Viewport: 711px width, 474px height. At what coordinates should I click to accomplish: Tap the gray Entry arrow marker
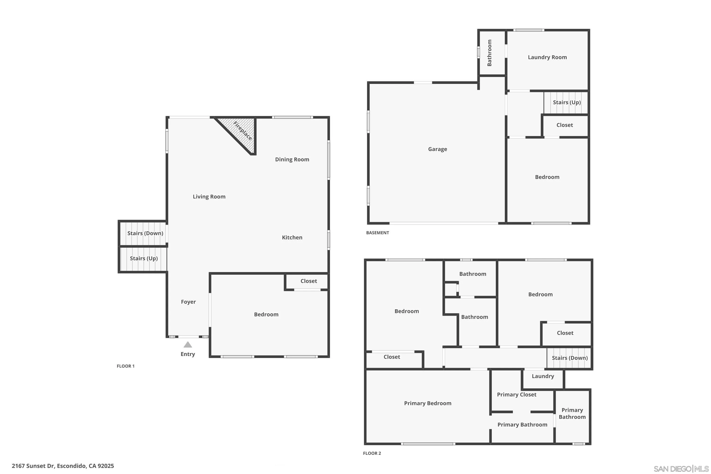click(x=188, y=345)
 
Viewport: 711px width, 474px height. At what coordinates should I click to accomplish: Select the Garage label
click(x=438, y=149)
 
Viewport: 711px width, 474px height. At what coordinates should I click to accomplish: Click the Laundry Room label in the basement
click(x=547, y=57)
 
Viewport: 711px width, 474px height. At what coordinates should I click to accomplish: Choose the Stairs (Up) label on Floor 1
click(x=144, y=259)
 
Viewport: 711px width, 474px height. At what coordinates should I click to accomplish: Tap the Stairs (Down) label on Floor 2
click(x=570, y=358)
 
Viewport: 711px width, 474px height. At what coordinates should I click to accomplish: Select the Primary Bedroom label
click(x=428, y=403)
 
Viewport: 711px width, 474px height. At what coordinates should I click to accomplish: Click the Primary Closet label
click(x=517, y=395)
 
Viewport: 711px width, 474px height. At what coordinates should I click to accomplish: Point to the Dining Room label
click(x=292, y=160)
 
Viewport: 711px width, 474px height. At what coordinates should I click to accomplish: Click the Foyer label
click(x=188, y=302)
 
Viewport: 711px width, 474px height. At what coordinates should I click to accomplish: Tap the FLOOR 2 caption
click(x=372, y=453)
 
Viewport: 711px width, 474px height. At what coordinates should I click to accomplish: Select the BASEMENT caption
click(x=378, y=233)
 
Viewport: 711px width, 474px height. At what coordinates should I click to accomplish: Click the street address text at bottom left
click(x=63, y=466)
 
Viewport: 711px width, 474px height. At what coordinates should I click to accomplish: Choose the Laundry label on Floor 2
click(x=543, y=376)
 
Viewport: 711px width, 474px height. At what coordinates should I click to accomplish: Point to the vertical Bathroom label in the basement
click(x=489, y=53)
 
